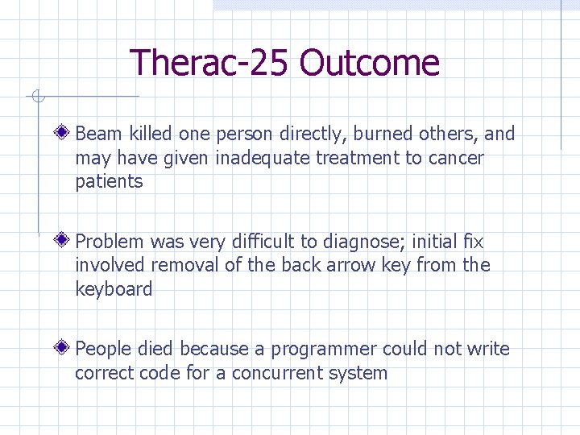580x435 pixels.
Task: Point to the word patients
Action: [109, 182]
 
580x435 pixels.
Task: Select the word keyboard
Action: [114, 289]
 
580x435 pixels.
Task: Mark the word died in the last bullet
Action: [156, 349]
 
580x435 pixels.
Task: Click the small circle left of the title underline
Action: [37, 97]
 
